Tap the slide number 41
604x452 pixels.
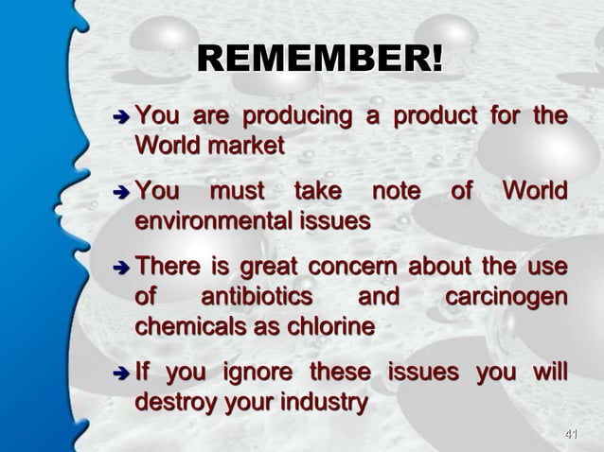(x=570, y=434)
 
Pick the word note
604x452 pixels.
(x=395, y=194)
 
